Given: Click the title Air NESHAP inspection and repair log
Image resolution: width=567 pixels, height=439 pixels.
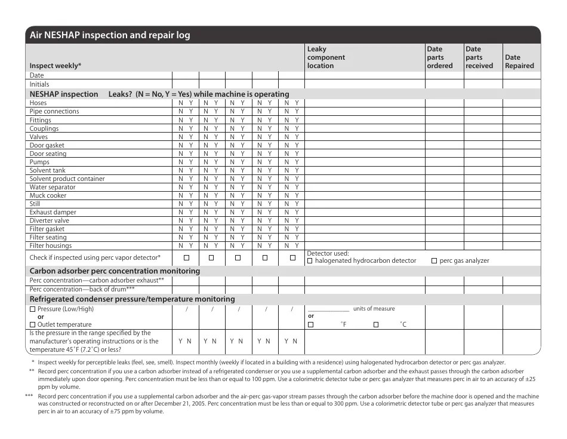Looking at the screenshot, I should (110, 35).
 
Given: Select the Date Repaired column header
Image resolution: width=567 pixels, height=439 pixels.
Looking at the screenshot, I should (519, 62).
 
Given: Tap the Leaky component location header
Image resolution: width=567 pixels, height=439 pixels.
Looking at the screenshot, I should (326, 57).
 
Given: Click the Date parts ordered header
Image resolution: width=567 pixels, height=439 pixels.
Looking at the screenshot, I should (440, 57).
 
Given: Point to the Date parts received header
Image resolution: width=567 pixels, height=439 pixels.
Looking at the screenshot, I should (479, 57).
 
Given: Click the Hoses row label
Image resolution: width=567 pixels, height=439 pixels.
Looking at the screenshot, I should (38, 103).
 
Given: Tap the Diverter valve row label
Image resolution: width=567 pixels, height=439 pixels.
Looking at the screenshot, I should (50, 220).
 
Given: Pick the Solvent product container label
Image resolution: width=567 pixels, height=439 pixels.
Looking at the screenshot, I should (67, 179).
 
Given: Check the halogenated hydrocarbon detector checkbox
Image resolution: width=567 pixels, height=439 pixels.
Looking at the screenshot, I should (310, 261).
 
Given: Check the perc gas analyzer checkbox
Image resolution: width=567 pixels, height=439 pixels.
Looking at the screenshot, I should (434, 261).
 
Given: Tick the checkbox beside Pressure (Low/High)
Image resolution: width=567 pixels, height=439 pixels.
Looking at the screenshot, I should (33, 309).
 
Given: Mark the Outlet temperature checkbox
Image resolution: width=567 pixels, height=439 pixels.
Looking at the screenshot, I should (33, 324).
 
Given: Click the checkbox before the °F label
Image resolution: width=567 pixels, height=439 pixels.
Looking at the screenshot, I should (310, 324).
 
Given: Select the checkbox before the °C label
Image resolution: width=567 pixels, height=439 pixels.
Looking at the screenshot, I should (376, 324).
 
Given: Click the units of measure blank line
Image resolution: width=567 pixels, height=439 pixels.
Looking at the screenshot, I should (328, 310).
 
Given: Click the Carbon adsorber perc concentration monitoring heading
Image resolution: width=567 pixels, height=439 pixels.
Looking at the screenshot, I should (115, 271).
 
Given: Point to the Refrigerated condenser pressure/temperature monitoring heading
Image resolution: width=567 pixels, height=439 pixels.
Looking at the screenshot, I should (132, 299).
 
